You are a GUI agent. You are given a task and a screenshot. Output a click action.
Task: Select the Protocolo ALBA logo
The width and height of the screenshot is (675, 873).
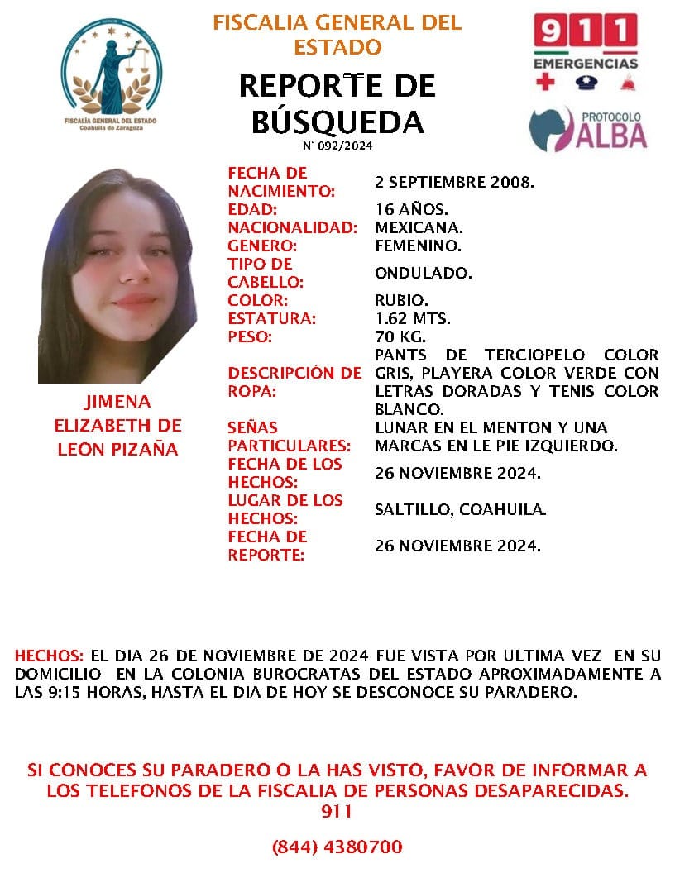588,129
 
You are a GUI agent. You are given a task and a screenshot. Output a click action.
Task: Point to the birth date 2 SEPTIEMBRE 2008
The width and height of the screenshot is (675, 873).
454,182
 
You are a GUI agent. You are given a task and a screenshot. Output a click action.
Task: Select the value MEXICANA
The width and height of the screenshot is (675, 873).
418,227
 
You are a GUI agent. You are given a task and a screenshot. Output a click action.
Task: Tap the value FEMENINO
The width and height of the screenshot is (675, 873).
418,246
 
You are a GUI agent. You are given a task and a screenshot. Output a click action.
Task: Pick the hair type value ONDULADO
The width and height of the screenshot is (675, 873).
423,273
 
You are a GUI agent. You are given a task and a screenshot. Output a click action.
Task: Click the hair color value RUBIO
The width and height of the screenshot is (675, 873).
401,300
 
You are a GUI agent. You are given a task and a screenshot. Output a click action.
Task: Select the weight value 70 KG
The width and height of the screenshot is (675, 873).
400,336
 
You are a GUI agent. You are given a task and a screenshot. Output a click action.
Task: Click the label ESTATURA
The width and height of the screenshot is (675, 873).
272,318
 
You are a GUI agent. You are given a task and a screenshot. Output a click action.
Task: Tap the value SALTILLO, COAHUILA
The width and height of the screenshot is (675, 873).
460,509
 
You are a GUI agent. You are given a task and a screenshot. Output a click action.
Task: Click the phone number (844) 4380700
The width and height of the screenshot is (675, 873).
337,847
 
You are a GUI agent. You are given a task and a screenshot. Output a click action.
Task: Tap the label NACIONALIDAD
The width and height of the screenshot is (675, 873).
293,227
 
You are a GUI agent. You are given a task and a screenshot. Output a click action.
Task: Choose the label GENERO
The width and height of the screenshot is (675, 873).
261,246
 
